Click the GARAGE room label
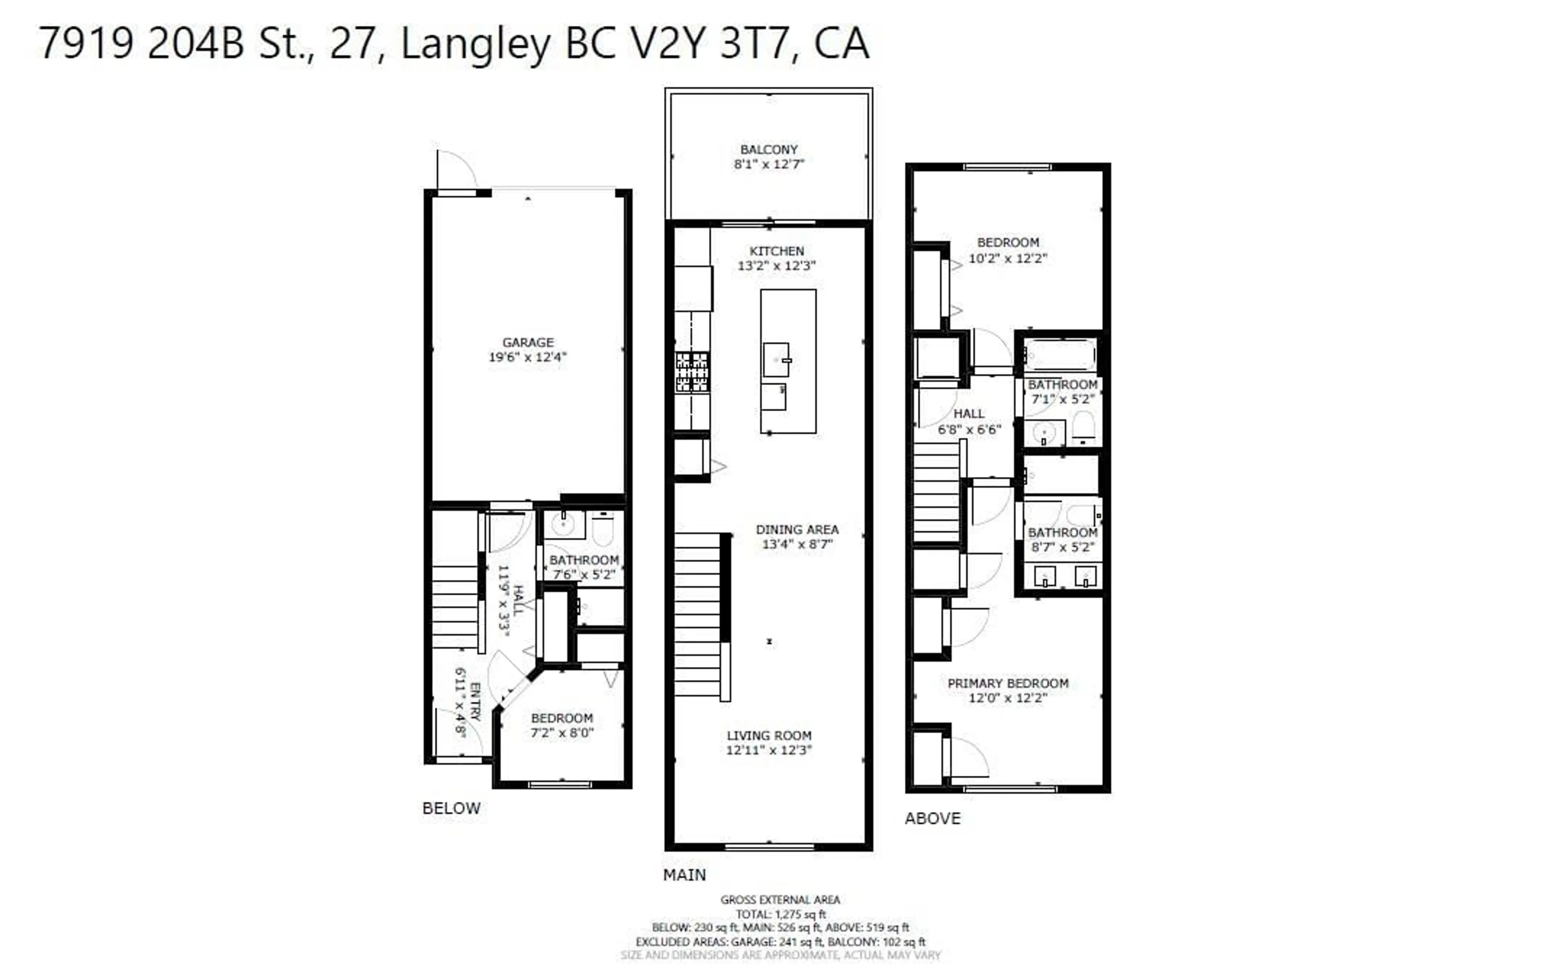(x=528, y=342)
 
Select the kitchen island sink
(x=776, y=359)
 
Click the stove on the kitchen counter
(x=692, y=372)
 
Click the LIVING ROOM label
(x=769, y=736)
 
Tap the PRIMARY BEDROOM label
(x=1007, y=683)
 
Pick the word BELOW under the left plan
(x=451, y=808)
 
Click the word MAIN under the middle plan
(x=684, y=875)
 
